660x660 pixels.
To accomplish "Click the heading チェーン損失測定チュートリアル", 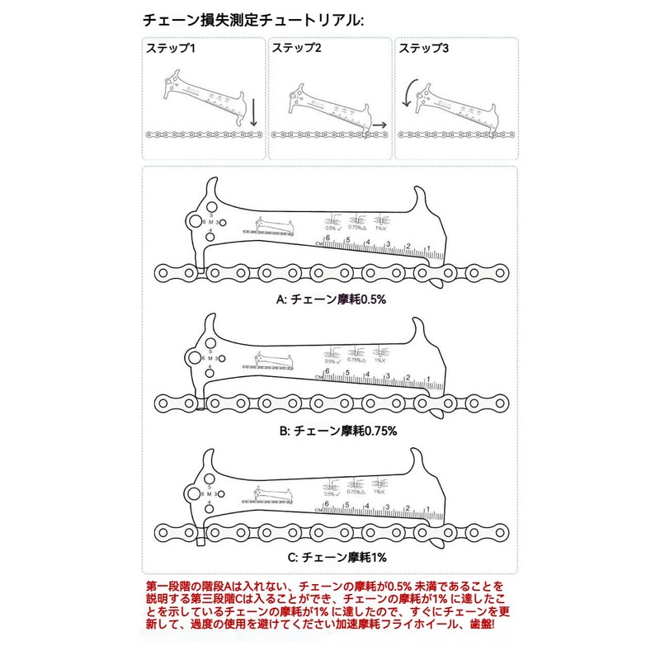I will click(252, 19).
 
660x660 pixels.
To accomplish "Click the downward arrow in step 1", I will click(253, 113).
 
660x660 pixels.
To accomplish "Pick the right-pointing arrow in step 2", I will click(379, 123).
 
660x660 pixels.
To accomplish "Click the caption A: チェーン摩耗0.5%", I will click(331, 299).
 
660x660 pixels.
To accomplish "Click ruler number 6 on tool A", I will click(328, 239).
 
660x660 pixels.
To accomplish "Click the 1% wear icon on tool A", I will click(379, 224).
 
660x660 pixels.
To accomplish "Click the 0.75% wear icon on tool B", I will click(356, 355).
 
